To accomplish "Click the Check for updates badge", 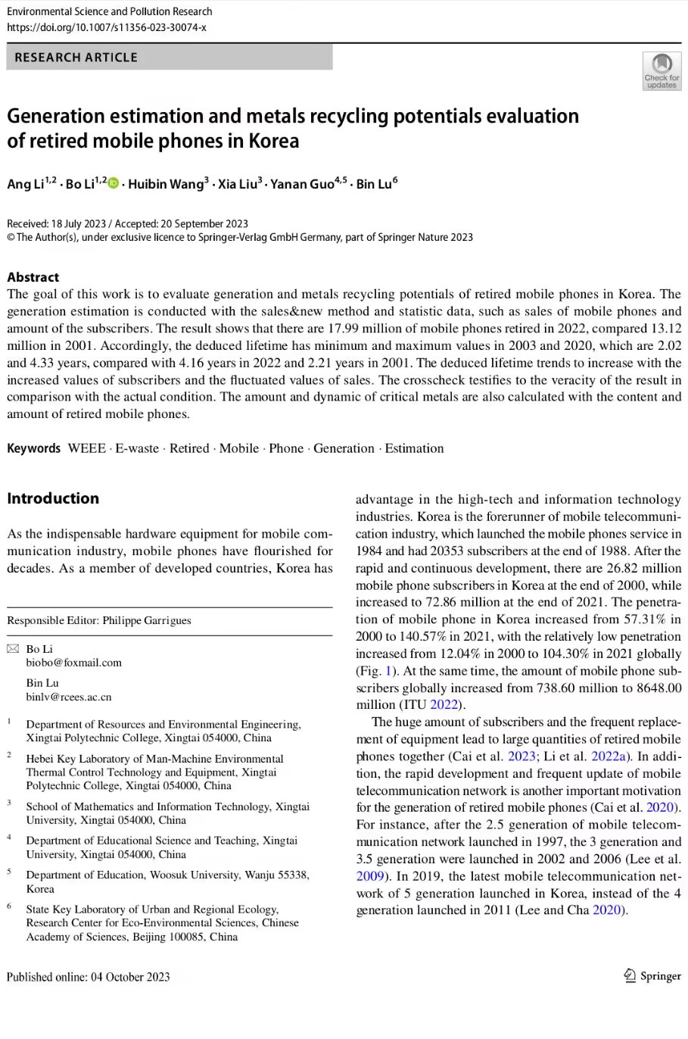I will tap(662, 71).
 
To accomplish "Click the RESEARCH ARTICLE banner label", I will tap(76, 58).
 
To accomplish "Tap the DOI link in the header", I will tap(107, 27).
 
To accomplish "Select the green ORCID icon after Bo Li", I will tap(114, 183).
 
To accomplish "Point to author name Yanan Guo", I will tap(301, 184).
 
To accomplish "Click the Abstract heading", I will tap(33, 276).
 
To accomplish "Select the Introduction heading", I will tap(53, 498).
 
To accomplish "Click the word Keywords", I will tap(33, 448).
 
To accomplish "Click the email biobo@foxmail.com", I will tap(73, 663).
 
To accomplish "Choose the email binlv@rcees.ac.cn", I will tap(68, 697).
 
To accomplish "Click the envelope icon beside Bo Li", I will tap(13, 649).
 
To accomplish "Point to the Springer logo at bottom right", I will tap(652, 976).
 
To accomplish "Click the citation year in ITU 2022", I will tap(445, 705).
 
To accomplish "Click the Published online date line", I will tap(88, 976).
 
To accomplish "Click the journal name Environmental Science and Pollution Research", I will tap(109, 11).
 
